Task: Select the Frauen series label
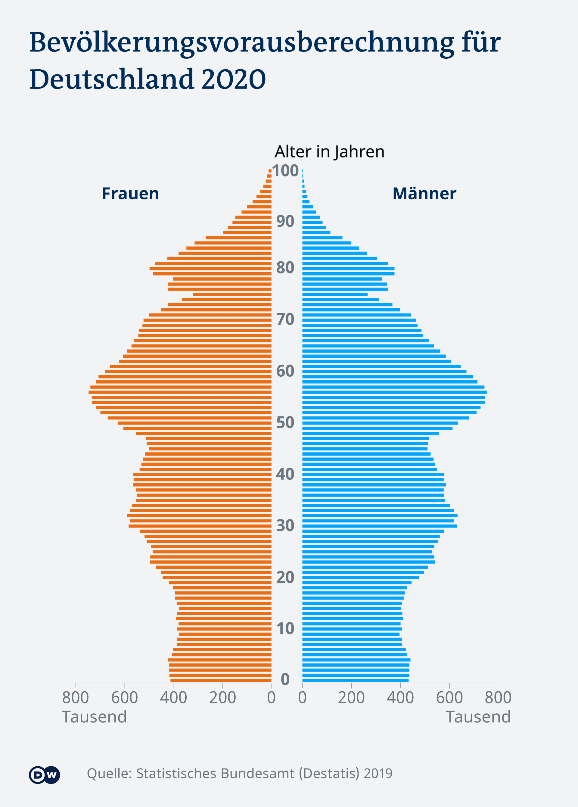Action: (130, 194)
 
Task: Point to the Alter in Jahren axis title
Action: (329, 151)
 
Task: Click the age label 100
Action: (285, 170)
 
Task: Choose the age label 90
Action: (285, 221)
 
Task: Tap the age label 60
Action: (285, 371)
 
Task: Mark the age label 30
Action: (285, 525)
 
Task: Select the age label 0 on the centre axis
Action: (285, 679)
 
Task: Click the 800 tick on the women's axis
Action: (75, 698)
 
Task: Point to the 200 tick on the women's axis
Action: (222, 698)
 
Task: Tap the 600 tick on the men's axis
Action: (449, 698)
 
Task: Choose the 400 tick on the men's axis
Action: (400, 698)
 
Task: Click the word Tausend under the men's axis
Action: (478, 717)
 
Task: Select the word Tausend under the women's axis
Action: (94, 717)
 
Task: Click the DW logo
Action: (45, 774)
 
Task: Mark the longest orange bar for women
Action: (180, 392)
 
